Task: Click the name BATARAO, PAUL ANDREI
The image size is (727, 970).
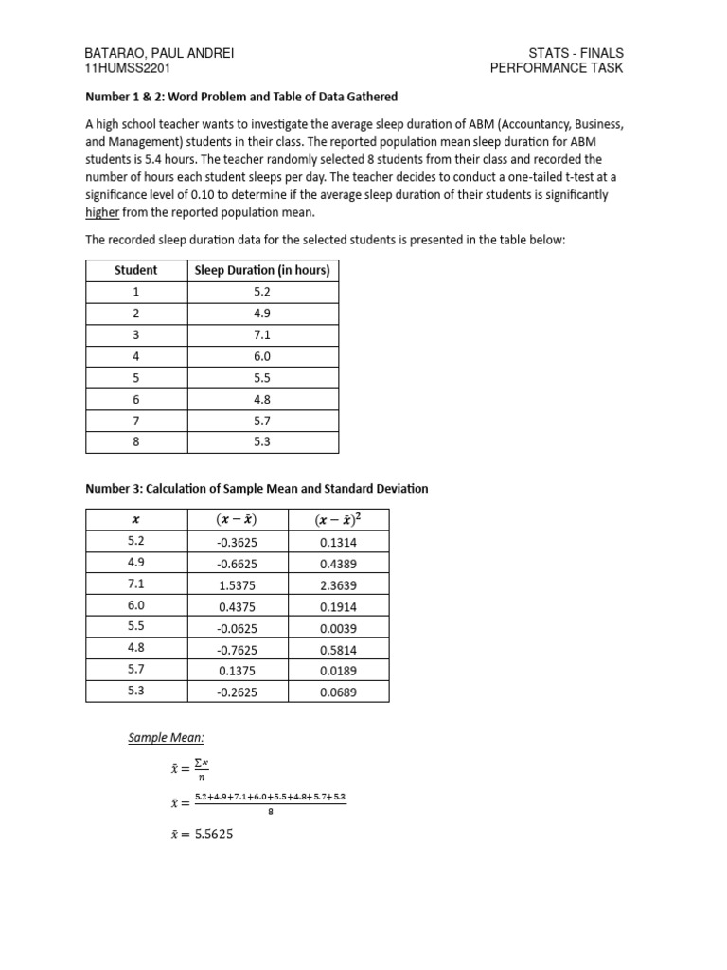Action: coord(160,53)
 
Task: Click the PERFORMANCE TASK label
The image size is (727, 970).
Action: coord(557,69)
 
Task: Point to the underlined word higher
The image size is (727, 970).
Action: coord(102,212)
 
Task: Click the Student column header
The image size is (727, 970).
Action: coord(136,270)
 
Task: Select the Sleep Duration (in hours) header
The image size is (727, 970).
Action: coord(262,270)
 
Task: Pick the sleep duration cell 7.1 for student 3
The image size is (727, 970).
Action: coord(262,335)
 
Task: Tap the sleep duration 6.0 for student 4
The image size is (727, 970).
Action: coord(262,356)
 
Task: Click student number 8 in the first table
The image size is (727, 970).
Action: coord(136,442)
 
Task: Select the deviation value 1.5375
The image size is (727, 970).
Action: coord(237,584)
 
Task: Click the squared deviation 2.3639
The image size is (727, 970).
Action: coord(339,584)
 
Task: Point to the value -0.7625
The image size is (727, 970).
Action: coord(237,649)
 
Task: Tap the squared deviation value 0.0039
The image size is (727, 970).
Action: coord(339,628)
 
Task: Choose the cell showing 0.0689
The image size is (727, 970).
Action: coord(339,692)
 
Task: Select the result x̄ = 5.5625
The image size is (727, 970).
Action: coord(202,835)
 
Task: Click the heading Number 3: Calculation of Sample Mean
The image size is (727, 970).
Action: coord(257,489)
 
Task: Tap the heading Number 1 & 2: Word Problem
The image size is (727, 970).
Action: coord(241,97)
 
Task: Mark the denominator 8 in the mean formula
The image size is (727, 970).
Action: coord(270,811)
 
